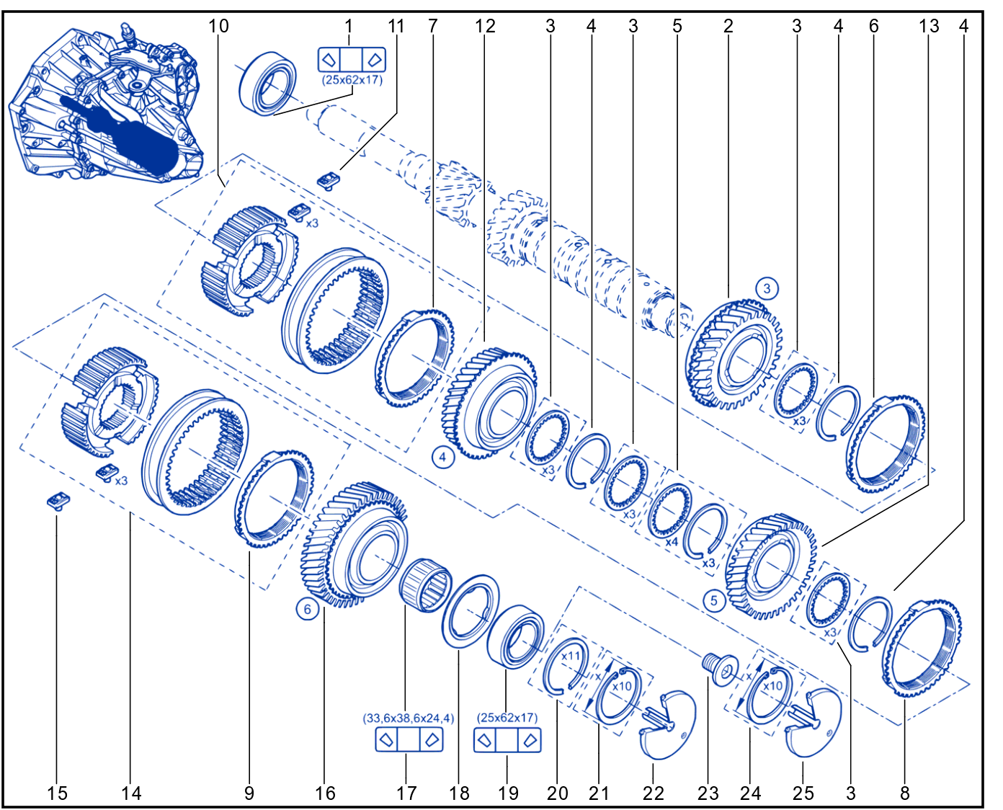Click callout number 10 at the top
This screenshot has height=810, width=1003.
218,26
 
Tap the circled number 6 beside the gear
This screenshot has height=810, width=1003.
307,609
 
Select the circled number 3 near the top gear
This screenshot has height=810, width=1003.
767,288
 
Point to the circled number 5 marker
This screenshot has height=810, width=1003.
714,600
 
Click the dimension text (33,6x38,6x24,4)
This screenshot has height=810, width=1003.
409,718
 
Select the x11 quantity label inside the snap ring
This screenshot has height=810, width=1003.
571,656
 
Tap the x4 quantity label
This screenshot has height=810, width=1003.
672,542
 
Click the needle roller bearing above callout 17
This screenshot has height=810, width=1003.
424,585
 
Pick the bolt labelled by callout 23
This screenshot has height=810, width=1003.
719,669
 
